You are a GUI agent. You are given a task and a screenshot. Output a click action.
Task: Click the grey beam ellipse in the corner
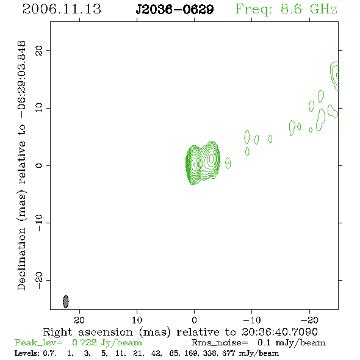point(66,301)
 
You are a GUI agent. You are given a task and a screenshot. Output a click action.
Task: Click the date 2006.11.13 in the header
point(62,9)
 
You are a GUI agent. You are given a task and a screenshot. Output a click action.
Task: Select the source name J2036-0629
point(175,9)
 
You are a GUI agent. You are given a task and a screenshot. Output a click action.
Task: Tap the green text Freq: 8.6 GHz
point(286,9)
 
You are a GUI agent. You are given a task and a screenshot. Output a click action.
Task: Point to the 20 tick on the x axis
point(79,320)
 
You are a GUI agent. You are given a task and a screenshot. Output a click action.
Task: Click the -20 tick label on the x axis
point(309,320)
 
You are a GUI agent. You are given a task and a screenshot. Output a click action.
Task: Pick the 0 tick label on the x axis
point(194,320)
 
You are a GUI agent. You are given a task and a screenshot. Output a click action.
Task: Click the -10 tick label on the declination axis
point(39,223)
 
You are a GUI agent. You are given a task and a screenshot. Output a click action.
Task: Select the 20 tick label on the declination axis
point(39,50)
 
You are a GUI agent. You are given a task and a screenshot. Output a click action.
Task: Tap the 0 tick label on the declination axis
point(39,165)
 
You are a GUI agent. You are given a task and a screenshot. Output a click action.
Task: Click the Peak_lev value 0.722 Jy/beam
point(107,343)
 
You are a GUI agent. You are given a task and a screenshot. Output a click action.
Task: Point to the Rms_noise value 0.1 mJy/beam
point(291,343)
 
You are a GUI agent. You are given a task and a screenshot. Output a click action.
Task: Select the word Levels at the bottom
point(26,353)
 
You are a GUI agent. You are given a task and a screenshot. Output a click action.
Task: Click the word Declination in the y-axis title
point(21,259)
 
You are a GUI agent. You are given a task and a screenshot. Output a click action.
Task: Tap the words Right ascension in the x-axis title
point(88,332)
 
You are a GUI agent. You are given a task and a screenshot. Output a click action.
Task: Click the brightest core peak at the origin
point(195,164)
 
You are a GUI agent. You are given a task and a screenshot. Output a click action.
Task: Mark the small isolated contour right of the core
point(228,163)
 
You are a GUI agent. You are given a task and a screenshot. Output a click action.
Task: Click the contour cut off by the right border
point(334,76)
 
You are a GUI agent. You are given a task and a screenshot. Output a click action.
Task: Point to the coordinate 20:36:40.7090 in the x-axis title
point(279,332)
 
